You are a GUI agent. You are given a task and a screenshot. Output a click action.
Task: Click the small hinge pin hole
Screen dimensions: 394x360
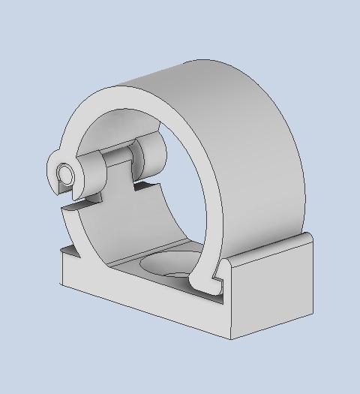pyautogui.click(x=66, y=174)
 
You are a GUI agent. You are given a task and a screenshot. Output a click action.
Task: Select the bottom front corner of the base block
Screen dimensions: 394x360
pyautogui.click(x=229, y=337)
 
